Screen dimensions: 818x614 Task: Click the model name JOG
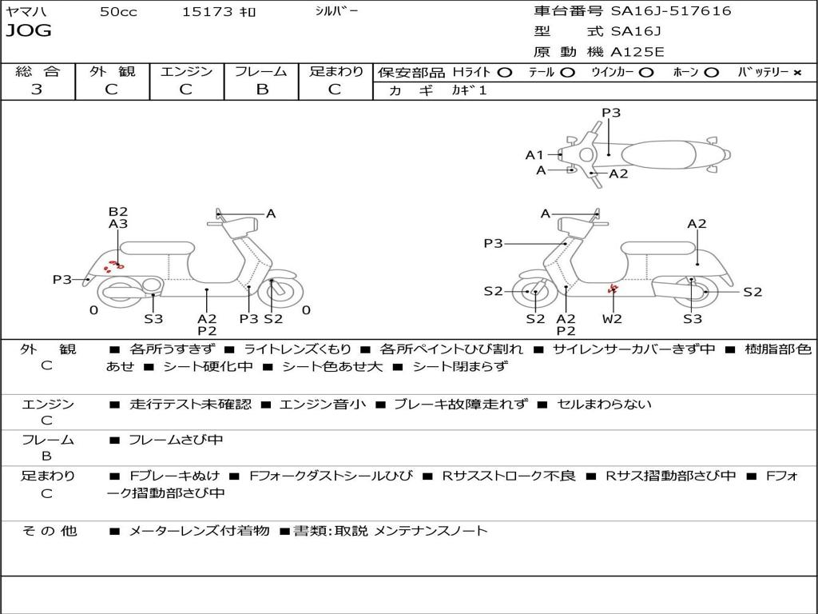[x=29, y=31]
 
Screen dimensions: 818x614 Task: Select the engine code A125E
[x=637, y=53]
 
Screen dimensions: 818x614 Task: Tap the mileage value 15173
[x=207, y=11]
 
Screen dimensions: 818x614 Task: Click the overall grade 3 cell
[x=37, y=90]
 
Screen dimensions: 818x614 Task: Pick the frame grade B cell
[x=261, y=90]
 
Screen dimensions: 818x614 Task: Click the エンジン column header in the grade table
[x=186, y=72]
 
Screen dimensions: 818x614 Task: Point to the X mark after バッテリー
[x=796, y=73]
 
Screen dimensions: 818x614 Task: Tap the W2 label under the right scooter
[x=612, y=318]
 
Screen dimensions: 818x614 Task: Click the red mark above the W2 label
[x=613, y=290]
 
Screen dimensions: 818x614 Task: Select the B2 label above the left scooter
[x=118, y=212]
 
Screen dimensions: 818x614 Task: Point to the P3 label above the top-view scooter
[x=611, y=113]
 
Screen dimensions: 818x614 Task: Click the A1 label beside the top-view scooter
[x=534, y=155]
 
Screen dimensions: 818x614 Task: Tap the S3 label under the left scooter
[x=153, y=318]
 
